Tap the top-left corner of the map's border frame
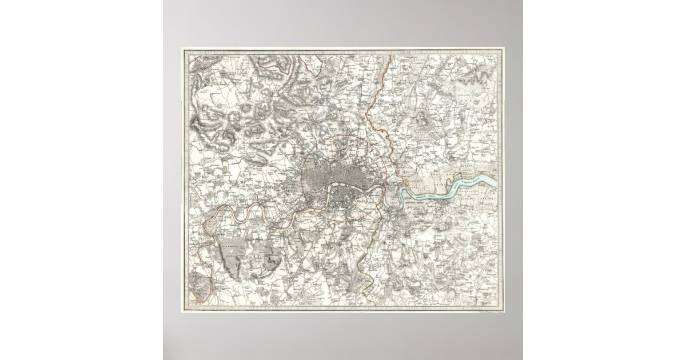(183, 49)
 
